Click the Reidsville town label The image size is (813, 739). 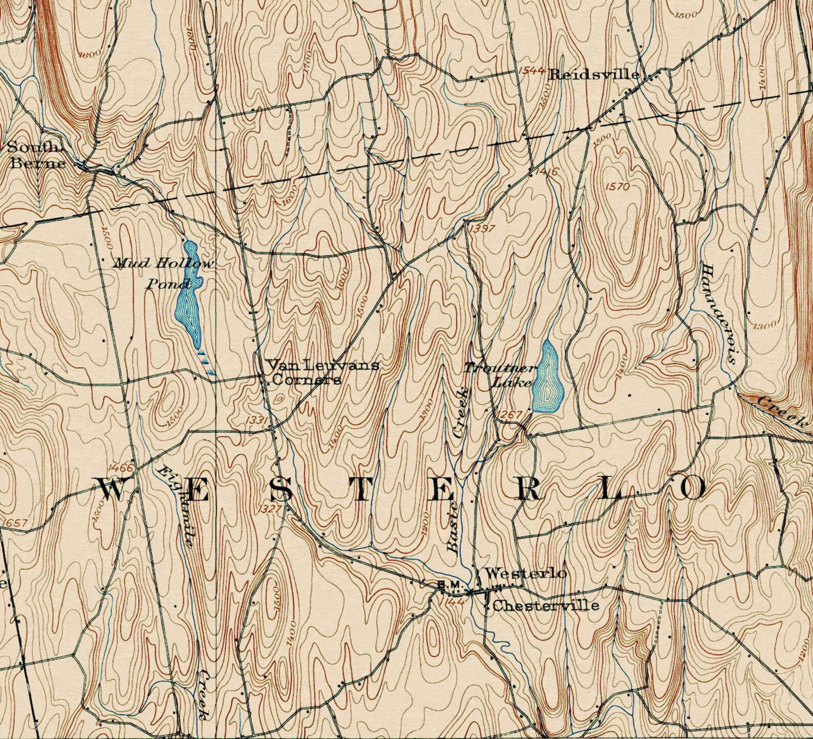(x=594, y=75)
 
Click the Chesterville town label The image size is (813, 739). (x=545, y=606)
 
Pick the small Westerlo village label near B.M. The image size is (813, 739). (x=525, y=573)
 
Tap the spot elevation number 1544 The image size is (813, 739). (x=530, y=71)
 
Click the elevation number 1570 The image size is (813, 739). (x=617, y=186)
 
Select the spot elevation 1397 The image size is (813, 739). (x=482, y=228)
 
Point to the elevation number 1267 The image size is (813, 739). (x=509, y=414)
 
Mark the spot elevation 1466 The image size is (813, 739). (x=121, y=468)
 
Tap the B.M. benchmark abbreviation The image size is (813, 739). (x=451, y=585)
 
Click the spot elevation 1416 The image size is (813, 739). (x=546, y=173)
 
